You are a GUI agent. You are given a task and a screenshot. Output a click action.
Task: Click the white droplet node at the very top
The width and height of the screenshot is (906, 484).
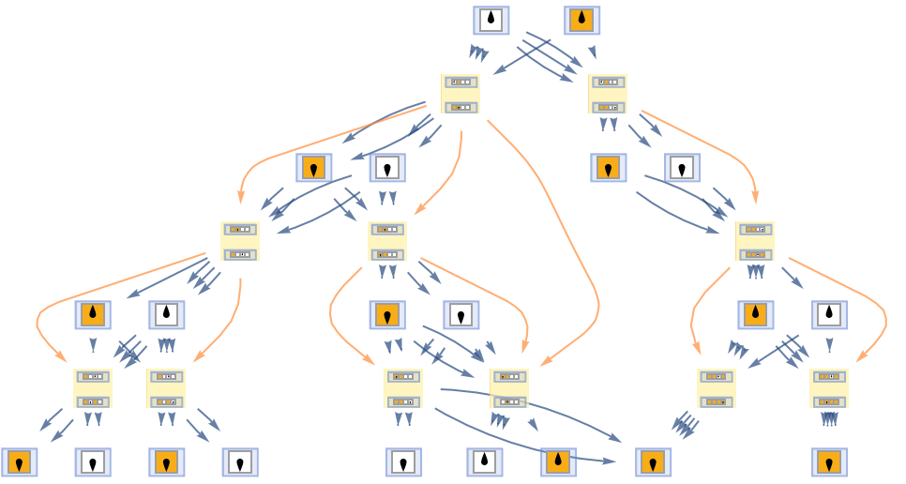[491, 21]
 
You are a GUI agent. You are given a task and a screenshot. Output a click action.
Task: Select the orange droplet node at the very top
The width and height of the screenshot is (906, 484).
[582, 21]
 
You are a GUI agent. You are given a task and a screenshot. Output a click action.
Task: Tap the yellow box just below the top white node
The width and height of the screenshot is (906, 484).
[461, 94]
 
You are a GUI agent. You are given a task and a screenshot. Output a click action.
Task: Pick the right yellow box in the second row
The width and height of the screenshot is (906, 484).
[608, 94]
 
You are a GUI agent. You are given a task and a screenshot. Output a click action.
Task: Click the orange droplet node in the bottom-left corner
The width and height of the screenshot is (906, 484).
[20, 462]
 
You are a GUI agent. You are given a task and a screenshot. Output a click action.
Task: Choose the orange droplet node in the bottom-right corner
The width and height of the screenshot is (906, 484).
[830, 462]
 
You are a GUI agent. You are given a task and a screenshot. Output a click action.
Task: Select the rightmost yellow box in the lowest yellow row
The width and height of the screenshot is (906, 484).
[829, 388]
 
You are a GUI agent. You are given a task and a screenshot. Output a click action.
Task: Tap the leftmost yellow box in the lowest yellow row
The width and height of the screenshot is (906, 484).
[93, 388]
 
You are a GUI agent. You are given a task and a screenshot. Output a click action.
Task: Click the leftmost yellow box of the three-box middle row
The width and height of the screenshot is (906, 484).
[240, 241]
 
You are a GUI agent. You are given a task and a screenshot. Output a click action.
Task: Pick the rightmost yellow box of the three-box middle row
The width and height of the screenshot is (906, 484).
[755, 241]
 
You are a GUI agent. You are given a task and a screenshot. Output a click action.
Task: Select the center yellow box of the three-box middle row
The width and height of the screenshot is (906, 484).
[387, 241]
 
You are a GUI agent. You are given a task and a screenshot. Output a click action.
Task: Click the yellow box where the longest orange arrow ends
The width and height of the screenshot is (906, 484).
[509, 388]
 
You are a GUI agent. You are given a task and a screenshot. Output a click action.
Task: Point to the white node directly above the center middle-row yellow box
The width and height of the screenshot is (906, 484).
[387, 168]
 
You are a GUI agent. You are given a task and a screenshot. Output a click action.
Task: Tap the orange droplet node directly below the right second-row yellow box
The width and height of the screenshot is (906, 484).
[609, 168]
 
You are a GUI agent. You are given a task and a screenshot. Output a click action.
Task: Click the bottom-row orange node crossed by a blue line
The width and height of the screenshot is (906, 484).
[559, 462]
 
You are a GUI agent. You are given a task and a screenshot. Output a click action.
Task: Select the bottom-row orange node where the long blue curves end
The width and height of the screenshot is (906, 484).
[654, 462]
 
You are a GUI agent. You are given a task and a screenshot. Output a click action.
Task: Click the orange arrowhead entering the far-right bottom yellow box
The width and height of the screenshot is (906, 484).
[860, 357]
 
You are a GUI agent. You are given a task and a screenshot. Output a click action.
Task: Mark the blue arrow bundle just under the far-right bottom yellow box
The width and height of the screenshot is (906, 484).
[829, 419]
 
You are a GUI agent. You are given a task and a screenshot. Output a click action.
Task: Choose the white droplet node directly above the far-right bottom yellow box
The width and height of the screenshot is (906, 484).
[830, 315]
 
